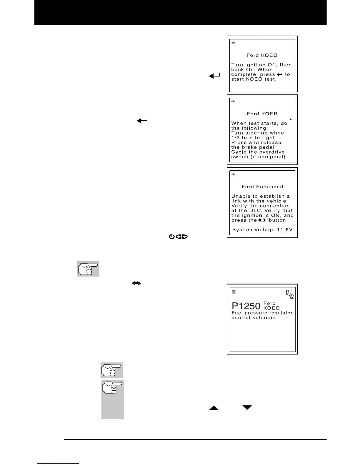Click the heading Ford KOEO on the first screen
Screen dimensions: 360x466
(x=262, y=55)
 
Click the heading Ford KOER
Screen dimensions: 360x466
(x=262, y=114)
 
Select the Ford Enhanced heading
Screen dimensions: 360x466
(x=262, y=187)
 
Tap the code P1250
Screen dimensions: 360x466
(x=246, y=306)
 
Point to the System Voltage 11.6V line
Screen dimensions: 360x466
(x=262, y=230)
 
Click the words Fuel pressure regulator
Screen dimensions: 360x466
(x=262, y=313)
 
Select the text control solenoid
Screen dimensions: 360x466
(x=254, y=318)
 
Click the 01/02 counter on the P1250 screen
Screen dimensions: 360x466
(x=290, y=294)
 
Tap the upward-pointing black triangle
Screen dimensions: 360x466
(x=214, y=408)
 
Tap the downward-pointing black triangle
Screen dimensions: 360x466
(x=247, y=407)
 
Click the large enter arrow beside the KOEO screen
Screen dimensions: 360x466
(x=214, y=76)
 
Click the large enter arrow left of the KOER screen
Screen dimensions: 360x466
(x=142, y=120)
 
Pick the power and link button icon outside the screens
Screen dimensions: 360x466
(x=178, y=237)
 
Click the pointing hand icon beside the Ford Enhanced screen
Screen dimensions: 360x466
(x=88, y=269)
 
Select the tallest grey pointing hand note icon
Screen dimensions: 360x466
(x=113, y=399)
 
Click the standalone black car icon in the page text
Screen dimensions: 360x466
(x=136, y=283)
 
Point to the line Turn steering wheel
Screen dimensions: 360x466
(x=258, y=133)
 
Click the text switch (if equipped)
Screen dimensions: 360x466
(x=258, y=157)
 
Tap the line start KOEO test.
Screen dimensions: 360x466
(x=254, y=79)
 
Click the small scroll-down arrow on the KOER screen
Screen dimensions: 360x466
(x=291, y=119)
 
